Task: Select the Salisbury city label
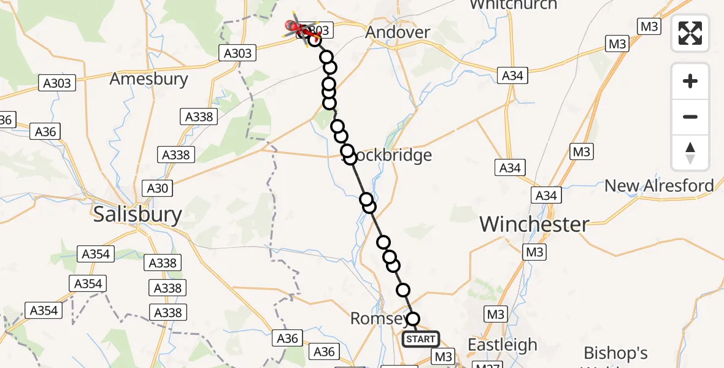tap(137, 215)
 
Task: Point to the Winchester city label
tap(534, 224)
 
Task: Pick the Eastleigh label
tap(503, 345)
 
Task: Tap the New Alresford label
tap(659, 185)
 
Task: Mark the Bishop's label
tap(615, 353)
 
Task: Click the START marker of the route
tap(421, 339)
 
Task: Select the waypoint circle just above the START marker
tap(413, 319)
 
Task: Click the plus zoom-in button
tap(690, 81)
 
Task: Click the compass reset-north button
tap(690, 153)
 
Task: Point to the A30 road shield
tap(158, 188)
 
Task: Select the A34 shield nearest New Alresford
tap(546, 195)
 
